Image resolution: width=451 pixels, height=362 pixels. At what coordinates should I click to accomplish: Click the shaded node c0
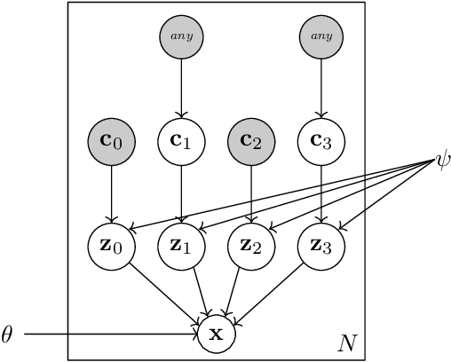click(112, 142)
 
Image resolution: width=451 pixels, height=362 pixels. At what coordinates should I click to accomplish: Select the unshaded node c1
click(181, 142)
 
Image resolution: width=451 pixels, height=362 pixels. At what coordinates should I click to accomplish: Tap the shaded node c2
click(251, 142)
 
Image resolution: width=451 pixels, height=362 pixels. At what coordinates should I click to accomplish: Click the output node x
click(216, 334)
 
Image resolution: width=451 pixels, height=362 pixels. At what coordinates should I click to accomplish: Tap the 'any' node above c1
click(181, 37)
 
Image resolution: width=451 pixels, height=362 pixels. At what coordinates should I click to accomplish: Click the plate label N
click(347, 342)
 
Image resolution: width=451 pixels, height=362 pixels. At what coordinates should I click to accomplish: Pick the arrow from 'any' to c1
click(181, 89)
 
